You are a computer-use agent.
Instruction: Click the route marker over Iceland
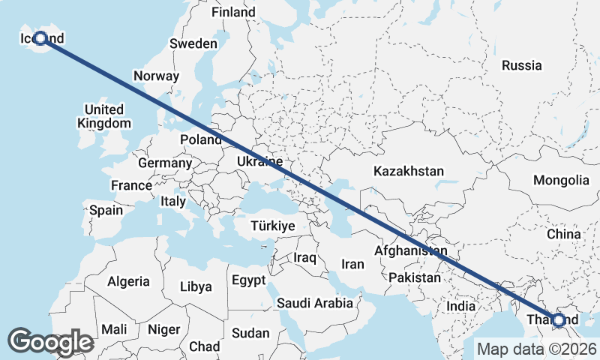click(40, 37)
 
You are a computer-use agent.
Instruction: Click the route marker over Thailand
click(558, 320)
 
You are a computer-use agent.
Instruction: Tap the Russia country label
click(521, 65)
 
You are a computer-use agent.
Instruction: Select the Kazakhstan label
click(409, 171)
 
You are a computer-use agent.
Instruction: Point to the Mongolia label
click(561, 180)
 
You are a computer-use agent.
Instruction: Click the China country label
click(563, 234)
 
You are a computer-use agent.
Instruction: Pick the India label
click(460, 306)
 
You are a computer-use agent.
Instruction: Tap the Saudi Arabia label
click(314, 303)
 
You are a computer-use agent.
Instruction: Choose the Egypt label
click(249, 280)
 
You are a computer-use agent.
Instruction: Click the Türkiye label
click(273, 226)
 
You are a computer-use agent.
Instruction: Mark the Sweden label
click(193, 43)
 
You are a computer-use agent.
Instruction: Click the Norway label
click(156, 76)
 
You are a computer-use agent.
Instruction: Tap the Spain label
click(106, 210)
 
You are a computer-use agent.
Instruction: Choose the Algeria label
click(128, 282)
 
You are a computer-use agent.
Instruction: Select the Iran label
click(352, 264)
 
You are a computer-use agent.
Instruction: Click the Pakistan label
click(415, 277)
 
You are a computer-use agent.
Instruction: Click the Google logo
click(50, 342)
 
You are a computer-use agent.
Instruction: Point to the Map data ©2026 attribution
click(536, 349)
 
